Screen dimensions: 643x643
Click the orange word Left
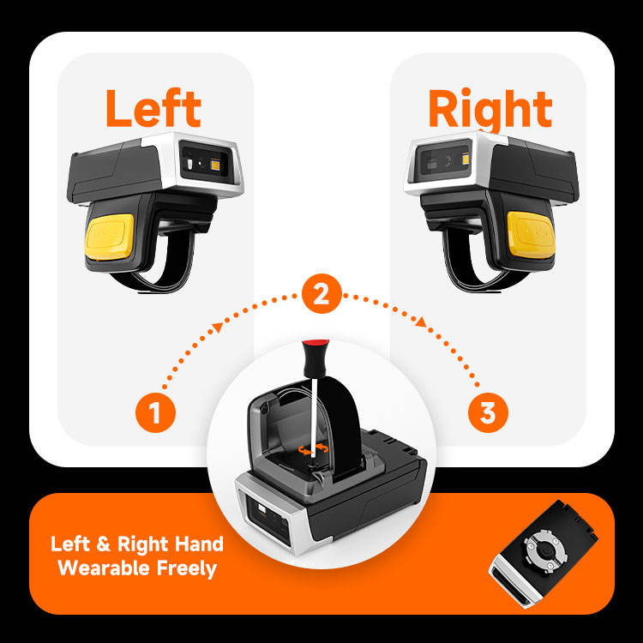tap(153, 108)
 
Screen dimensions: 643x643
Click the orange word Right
tap(490, 110)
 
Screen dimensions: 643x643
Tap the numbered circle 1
tap(155, 412)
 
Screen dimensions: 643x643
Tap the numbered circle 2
tap(321, 293)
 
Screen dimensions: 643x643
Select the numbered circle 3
tap(488, 412)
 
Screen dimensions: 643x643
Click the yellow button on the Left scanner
tap(110, 237)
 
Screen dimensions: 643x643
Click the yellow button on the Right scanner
tap(531, 235)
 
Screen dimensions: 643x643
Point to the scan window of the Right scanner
tap(444, 159)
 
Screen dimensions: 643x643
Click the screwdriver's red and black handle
tap(315, 358)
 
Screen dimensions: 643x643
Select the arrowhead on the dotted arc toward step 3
tap(421, 321)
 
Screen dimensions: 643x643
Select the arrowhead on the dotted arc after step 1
tap(218, 327)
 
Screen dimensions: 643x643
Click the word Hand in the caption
tap(198, 544)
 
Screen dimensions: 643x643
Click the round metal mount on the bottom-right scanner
tap(545, 551)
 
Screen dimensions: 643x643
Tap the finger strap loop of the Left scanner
tap(164, 267)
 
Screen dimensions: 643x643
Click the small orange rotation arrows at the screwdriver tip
tap(314, 449)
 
